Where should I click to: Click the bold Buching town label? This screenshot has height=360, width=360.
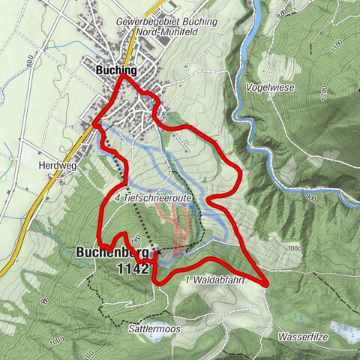point(116,70)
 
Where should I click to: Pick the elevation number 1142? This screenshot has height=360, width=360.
point(134,268)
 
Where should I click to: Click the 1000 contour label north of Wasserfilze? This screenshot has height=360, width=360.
point(293,248)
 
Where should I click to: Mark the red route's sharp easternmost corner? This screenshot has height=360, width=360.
point(267,284)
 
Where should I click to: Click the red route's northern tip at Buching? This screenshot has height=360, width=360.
point(120,74)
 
